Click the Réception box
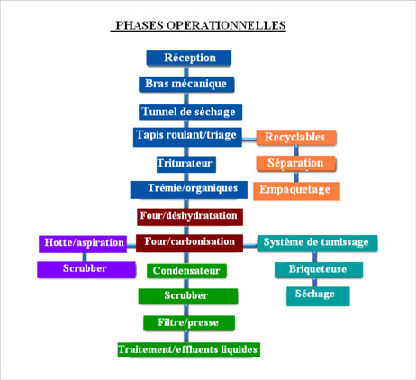point(189,58)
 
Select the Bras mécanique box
point(186,85)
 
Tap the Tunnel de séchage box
point(190,112)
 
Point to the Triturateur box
point(186,164)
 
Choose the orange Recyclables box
point(296,138)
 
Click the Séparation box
point(295,164)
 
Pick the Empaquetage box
point(296,191)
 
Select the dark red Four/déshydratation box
point(190,217)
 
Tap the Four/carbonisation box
point(189,243)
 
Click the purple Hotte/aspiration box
point(83,244)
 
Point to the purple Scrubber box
point(86,269)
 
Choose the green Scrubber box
point(188,296)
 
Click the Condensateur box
point(186,271)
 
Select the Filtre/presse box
point(189,323)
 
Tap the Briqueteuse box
point(319,270)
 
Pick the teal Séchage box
point(318,296)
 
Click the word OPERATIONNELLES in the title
point(226,25)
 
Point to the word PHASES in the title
point(140,25)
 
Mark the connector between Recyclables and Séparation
point(296,150)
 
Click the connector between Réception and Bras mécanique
point(186,71)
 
